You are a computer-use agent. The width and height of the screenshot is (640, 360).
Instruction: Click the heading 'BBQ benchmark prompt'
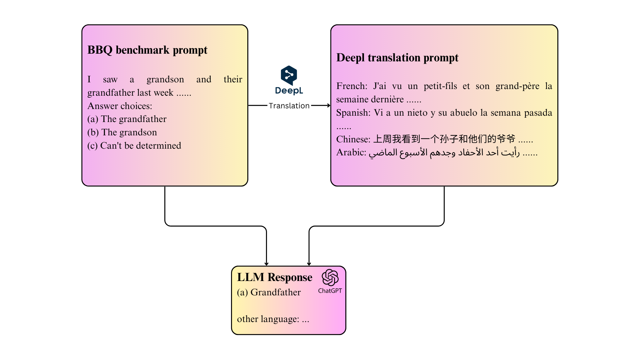click(147, 50)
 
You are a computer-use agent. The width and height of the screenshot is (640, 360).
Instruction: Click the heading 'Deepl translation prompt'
click(397, 58)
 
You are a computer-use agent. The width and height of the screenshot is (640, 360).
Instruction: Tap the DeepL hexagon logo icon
click(289, 75)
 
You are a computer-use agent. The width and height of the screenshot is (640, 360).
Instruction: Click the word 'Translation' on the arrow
click(289, 106)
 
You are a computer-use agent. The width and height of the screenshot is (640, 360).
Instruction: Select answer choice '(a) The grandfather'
click(127, 119)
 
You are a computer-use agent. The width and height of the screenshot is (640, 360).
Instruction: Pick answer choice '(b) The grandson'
click(122, 132)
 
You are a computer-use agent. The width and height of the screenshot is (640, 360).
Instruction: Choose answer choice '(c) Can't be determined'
click(134, 146)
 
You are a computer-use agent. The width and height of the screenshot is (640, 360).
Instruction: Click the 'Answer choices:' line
click(120, 106)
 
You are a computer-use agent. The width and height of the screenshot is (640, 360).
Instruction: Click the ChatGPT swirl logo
click(330, 277)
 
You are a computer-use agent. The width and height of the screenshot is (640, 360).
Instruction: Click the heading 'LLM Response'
click(275, 277)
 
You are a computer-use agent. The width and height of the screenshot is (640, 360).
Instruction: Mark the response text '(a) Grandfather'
click(269, 292)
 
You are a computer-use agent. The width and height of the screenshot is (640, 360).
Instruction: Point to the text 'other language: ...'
click(273, 319)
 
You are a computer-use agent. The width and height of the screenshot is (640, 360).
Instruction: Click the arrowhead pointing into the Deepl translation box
click(328, 106)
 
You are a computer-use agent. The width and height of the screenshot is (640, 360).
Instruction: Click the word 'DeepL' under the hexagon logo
click(289, 91)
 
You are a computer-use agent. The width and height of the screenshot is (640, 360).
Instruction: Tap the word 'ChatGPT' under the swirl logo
click(330, 291)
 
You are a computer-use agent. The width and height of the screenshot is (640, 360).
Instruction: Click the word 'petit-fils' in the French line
click(440, 86)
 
